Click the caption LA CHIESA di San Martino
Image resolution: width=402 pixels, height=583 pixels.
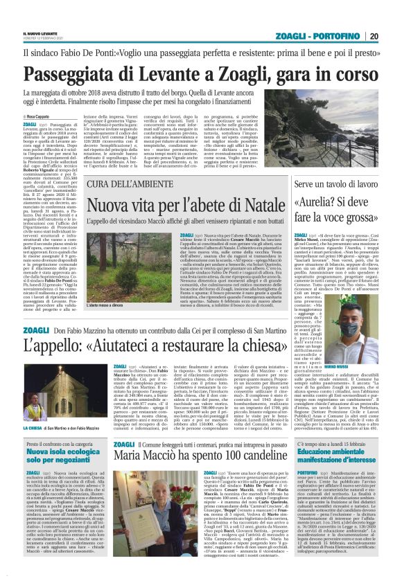click(x=50, y=428)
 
